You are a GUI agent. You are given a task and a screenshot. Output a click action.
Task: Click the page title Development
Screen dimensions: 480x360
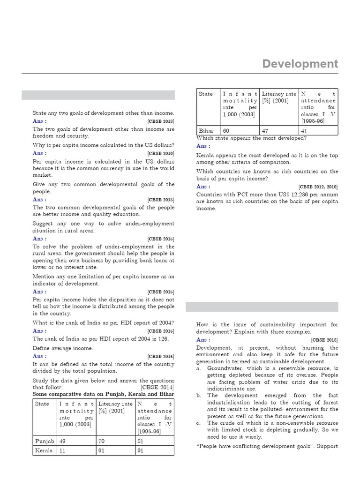tap(300, 63)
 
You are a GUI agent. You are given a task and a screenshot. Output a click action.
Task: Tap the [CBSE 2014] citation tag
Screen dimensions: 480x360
tap(157, 387)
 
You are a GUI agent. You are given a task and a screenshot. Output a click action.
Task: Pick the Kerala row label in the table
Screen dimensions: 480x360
tap(45, 450)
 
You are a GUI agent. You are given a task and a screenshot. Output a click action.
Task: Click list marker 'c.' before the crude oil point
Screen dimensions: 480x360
tap(199, 423)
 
